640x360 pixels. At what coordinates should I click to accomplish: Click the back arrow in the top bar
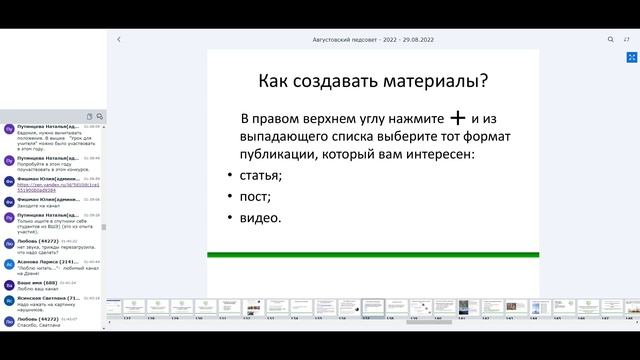pos(119,39)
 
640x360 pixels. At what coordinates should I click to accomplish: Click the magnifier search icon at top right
pos(611,39)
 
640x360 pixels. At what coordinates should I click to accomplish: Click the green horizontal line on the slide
pos(373,255)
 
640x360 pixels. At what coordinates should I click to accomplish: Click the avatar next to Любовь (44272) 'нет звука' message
pos(9,243)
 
